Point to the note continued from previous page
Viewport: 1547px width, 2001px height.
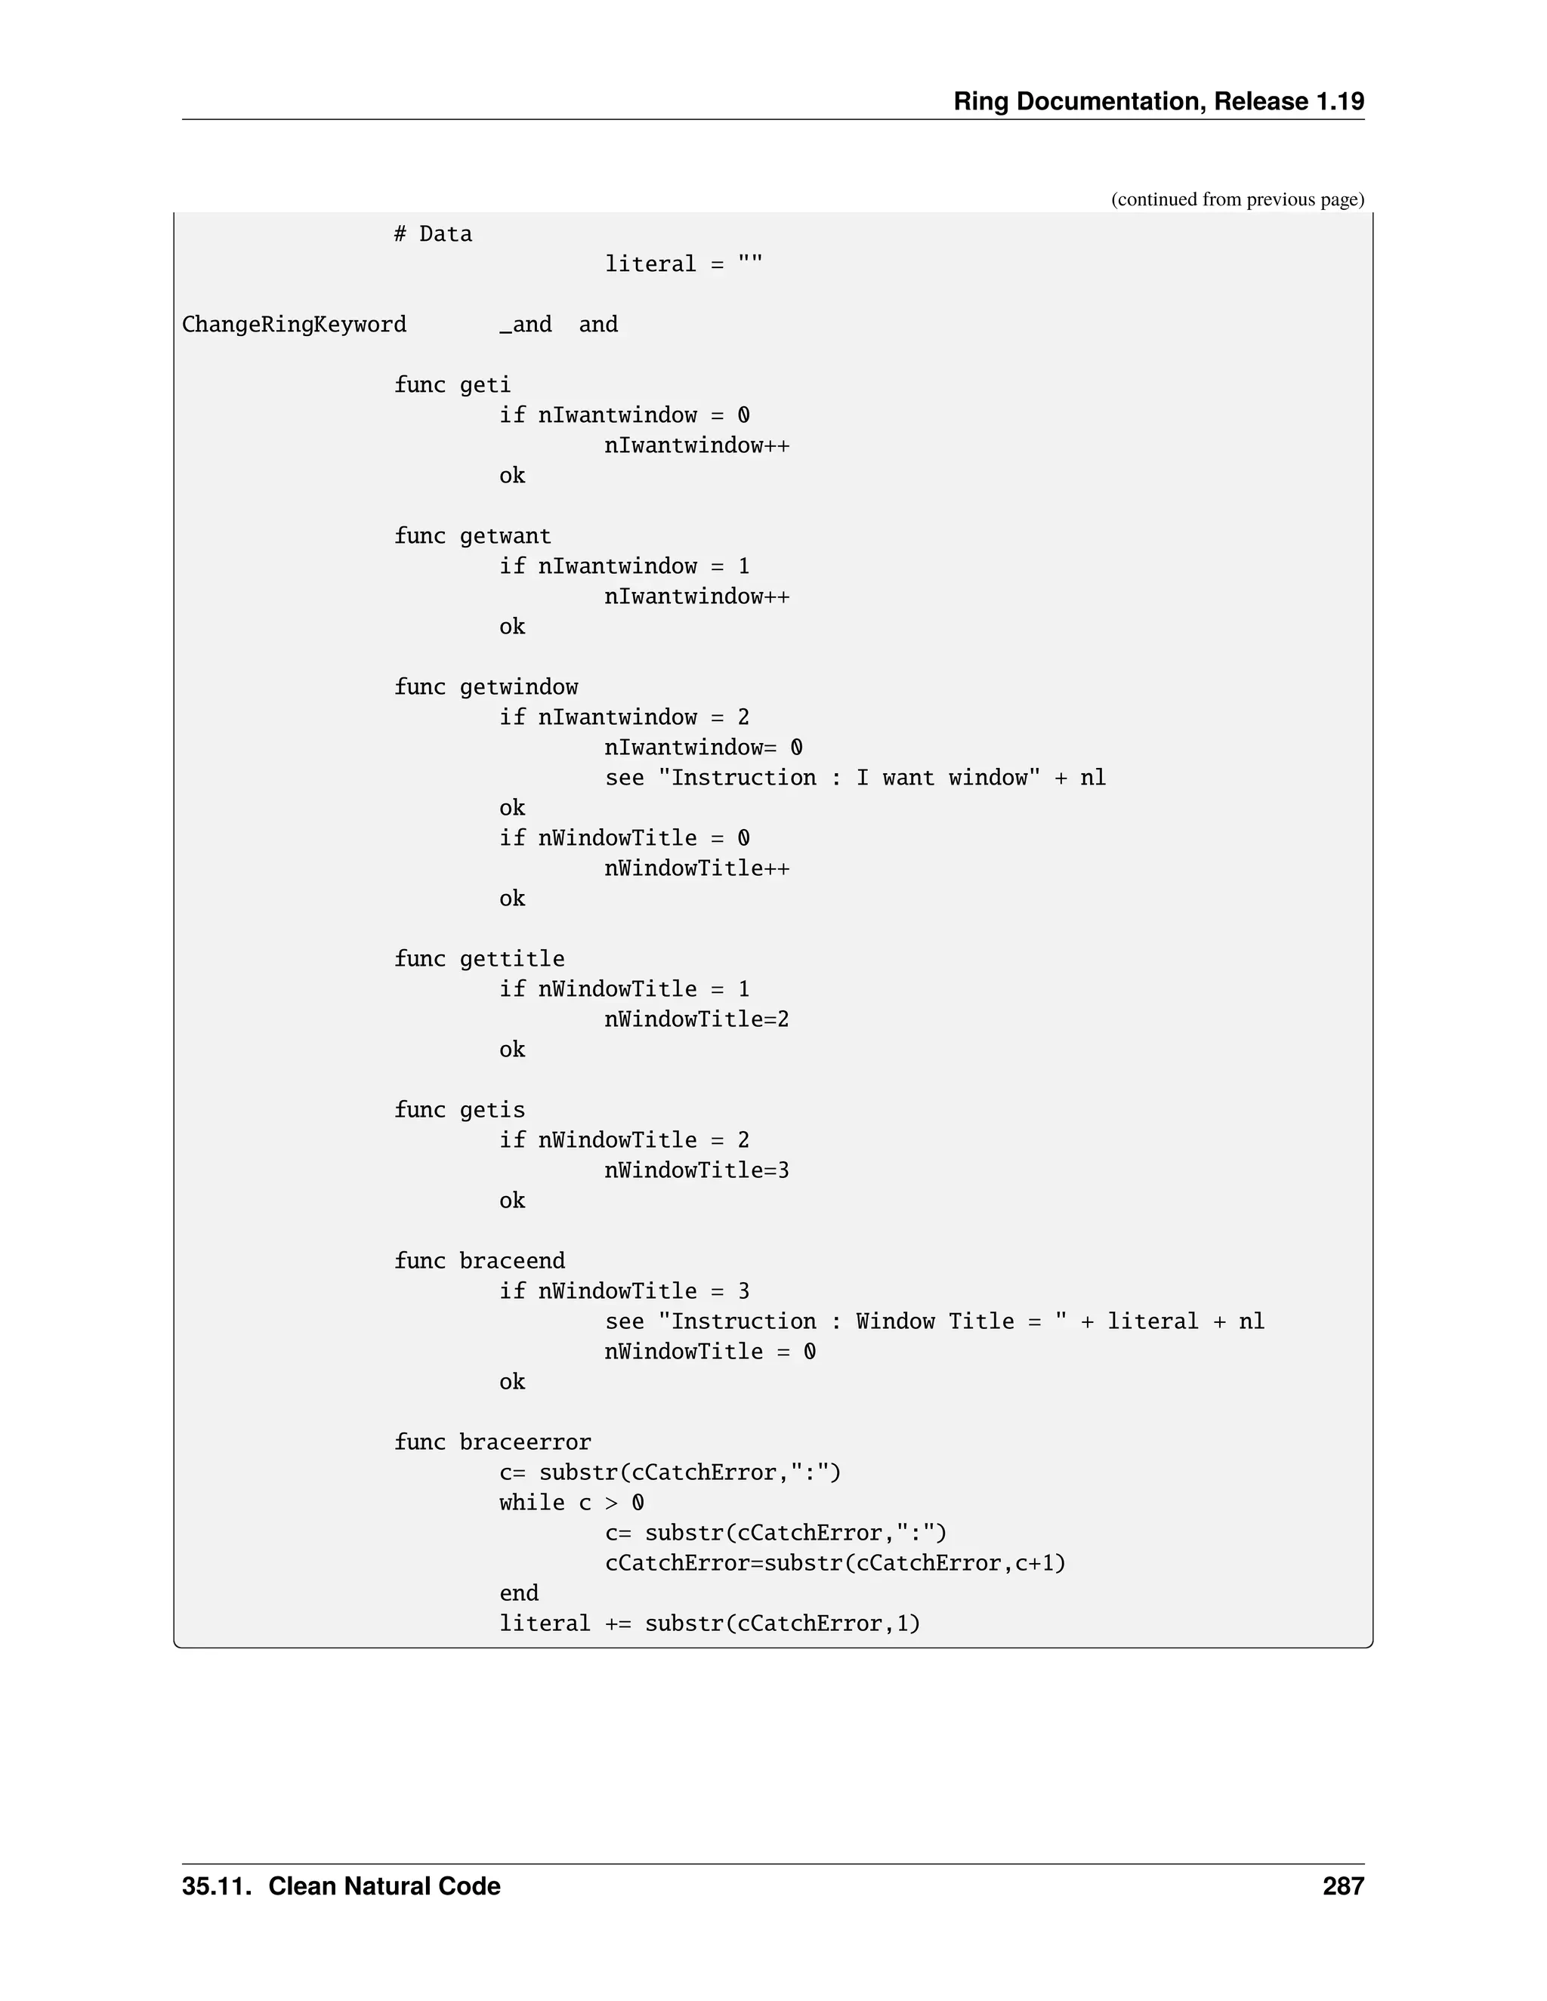pos(1237,200)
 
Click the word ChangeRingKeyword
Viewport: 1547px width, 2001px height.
pos(294,325)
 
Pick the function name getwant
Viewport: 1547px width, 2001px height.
pos(505,536)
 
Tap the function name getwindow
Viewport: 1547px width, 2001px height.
pos(519,687)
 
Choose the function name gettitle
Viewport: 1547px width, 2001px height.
pos(511,958)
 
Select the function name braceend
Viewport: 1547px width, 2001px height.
pos(511,1261)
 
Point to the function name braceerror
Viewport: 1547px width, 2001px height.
pos(525,1442)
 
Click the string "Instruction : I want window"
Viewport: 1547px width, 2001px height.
pos(848,778)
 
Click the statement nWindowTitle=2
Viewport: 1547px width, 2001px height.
pos(696,1019)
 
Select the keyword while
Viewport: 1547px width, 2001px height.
pos(532,1503)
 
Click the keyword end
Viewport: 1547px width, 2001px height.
pos(519,1593)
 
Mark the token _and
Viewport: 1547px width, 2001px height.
pos(525,325)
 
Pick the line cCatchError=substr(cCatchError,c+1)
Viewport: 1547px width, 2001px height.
pos(835,1563)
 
